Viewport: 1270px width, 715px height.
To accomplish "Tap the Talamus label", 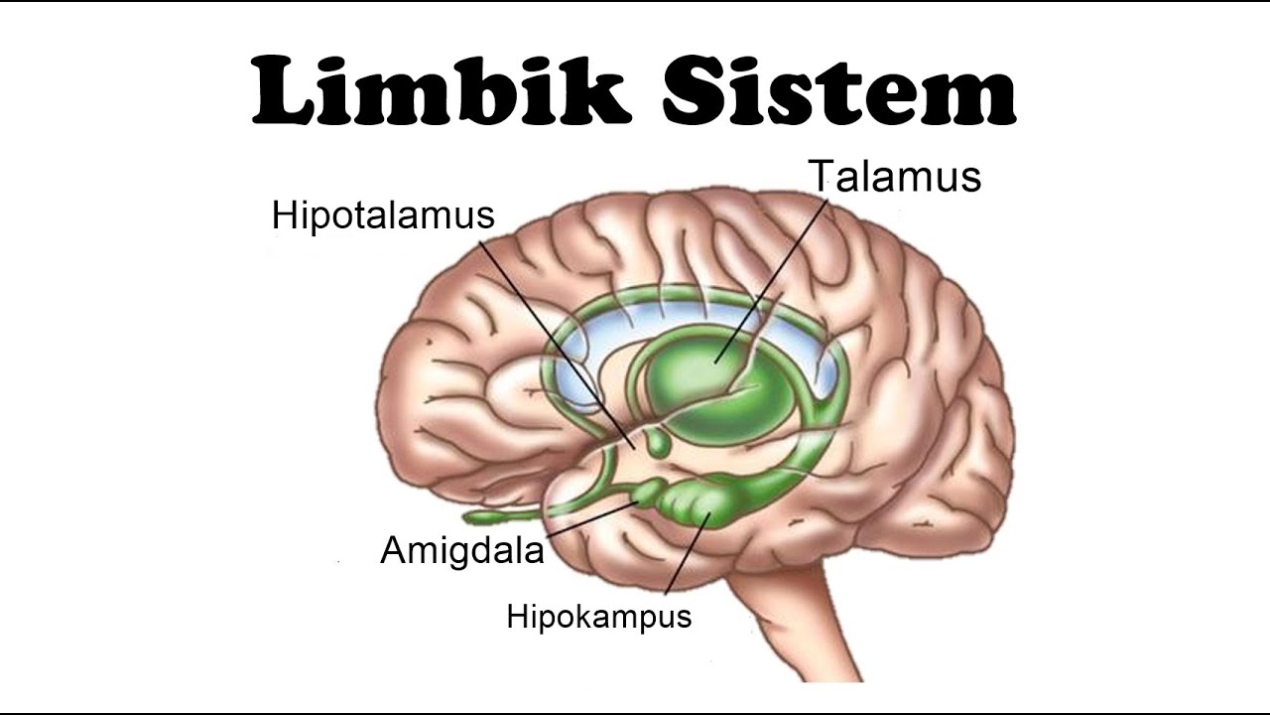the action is coord(895,177).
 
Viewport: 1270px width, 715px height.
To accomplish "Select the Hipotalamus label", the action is coord(383,215).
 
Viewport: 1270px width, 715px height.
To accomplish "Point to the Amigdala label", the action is coord(462,550).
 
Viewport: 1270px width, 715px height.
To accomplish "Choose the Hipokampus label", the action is coord(598,617).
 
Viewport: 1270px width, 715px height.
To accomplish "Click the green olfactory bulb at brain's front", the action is coord(491,516).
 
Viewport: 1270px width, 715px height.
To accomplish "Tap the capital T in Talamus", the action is coord(823,177).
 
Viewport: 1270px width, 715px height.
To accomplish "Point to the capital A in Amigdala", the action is coord(394,550).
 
